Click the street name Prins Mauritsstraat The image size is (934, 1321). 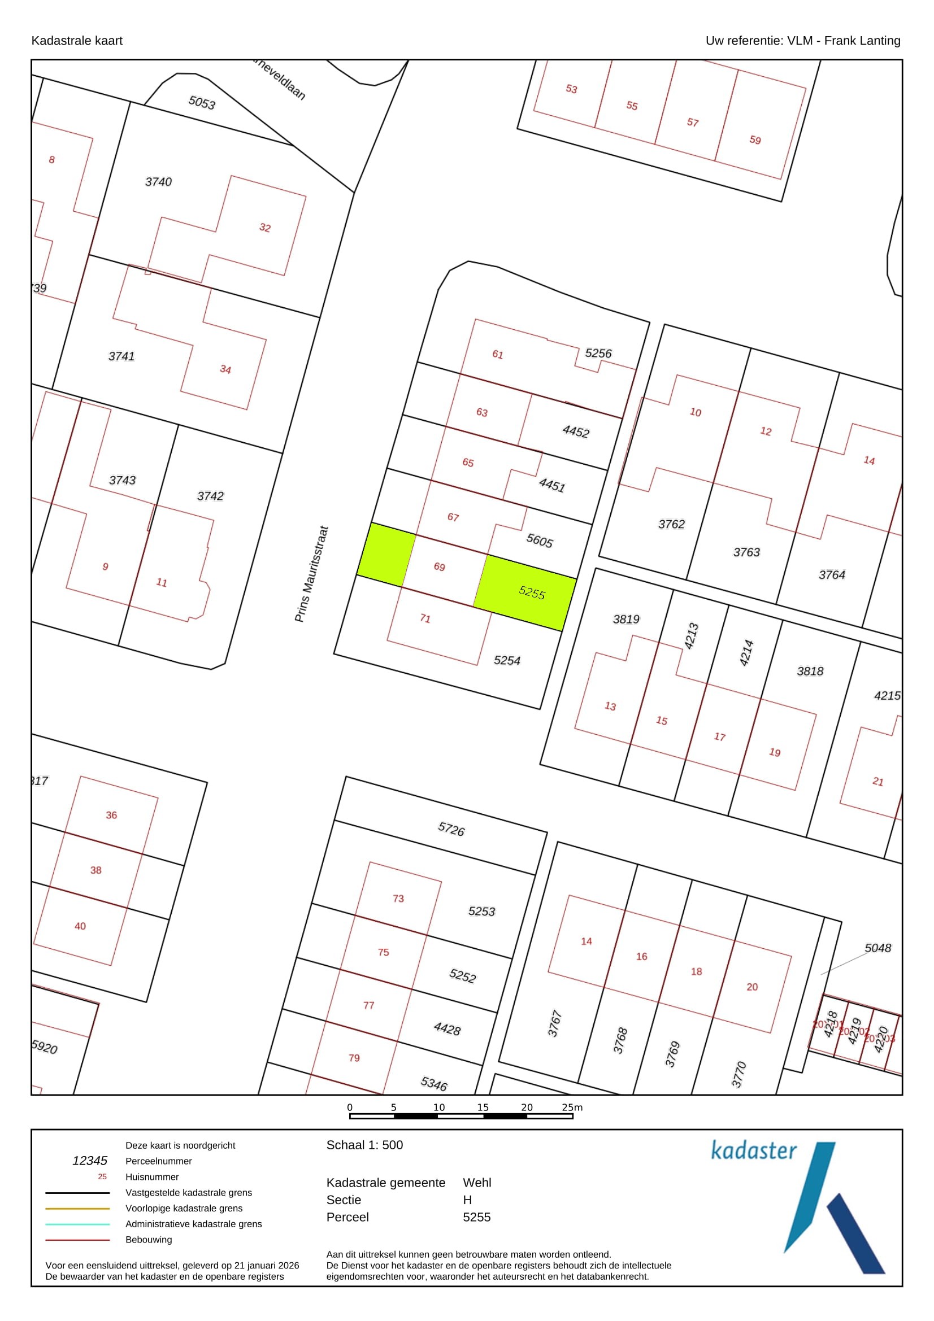click(x=311, y=574)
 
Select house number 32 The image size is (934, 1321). click(x=265, y=227)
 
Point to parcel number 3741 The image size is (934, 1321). click(x=121, y=356)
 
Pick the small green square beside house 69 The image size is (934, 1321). click(x=386, y=555)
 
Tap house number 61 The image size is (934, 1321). click(x=498, y=355)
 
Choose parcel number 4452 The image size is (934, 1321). click(x=576, y=431)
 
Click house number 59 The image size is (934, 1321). click(x=755, y=140)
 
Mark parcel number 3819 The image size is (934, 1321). click(x=626, y=619)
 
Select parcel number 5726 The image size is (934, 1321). click(x=451, y=829)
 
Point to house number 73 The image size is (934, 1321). click(x=398, y=899)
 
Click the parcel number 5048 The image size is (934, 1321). click(x=877, y=948)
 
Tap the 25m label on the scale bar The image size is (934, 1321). click(x=572, y=1107)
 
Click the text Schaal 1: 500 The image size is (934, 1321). click(x=364, y=1145)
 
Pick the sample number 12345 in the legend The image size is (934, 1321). click(x=90, y=1161)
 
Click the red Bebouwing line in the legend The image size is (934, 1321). click(x=77, y=1240)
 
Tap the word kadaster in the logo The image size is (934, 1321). click(x=754, y=1150)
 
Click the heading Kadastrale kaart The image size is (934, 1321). click(x=77, y=40)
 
